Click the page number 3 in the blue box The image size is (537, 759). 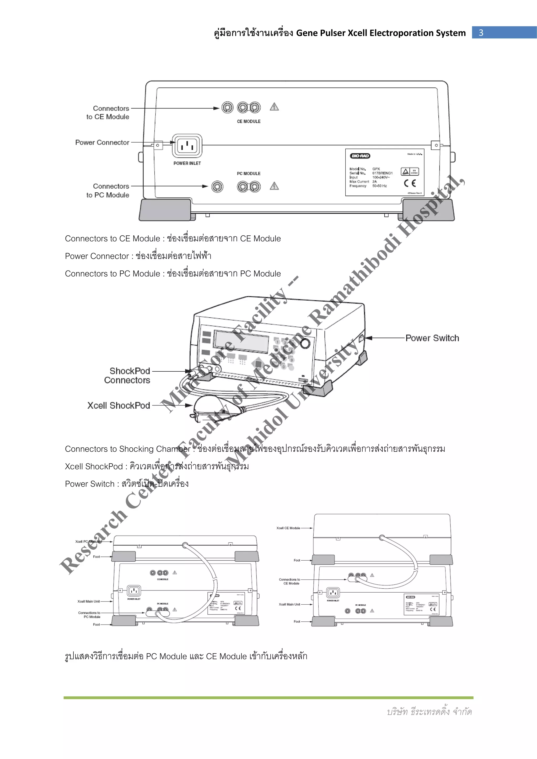coord(481,32)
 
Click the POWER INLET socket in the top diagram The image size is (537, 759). coord(187,146)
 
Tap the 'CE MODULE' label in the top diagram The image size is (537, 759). coord(249,121)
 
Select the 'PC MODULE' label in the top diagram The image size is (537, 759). coord(249,174)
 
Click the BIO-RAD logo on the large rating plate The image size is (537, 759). coord(360,156)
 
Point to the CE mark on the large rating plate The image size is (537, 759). coord(410,183)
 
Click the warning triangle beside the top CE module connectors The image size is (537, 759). coord(274,107)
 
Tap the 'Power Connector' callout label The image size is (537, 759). coord(102,143)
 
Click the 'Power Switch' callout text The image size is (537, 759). coord(432,338)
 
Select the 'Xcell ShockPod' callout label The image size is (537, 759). coord(118,406)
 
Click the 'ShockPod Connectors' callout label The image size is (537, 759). coord(127,376)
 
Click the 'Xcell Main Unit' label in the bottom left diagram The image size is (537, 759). coord(88,601)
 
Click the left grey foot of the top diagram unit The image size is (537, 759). coord(165,210)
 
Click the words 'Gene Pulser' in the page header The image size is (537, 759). coord(320,33)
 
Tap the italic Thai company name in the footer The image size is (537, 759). coord(429,712)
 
